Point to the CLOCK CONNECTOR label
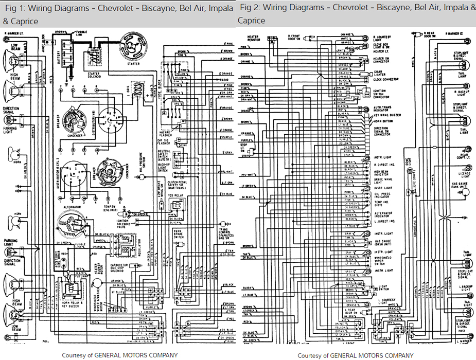tap(386, 80)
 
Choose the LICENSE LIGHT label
tap(460, 169)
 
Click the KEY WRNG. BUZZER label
tap(387, 116)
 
